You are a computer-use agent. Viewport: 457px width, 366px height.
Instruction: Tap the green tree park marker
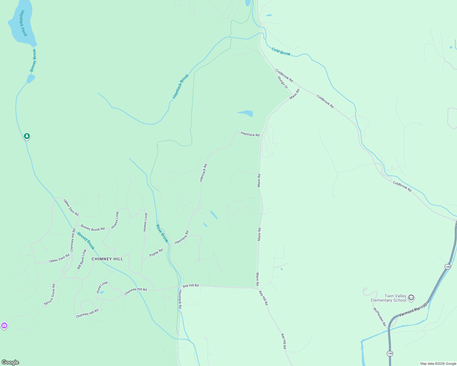27,136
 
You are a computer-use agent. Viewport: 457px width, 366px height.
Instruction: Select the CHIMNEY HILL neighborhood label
107,259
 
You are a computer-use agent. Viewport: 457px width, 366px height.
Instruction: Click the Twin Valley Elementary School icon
411,298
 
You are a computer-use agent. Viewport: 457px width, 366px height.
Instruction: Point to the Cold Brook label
281,52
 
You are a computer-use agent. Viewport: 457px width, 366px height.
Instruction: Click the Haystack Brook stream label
181,87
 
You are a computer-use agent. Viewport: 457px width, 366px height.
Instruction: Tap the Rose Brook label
162,234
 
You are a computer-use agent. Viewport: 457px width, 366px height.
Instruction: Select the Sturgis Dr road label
283,83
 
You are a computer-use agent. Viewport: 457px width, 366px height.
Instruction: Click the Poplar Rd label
156,253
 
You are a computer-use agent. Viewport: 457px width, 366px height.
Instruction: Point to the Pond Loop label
102,287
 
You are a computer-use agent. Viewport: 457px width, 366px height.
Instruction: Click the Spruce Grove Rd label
49,295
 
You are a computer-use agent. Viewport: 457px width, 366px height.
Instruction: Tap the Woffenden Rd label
379,317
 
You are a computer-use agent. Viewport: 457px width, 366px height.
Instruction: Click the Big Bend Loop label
82,259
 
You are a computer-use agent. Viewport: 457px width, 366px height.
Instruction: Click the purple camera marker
4,326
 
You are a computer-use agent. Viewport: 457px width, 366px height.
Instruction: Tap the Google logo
10,362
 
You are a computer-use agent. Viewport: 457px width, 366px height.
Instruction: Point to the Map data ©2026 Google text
438,364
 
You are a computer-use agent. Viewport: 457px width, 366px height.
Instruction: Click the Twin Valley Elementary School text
389,298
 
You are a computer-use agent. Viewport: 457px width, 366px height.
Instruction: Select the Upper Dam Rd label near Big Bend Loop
59,259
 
